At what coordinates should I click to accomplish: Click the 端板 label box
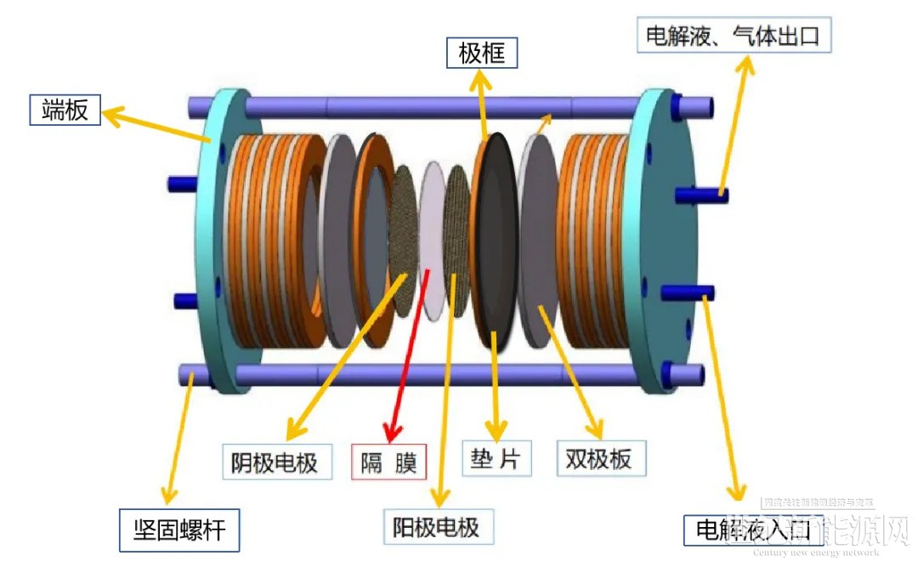tap(65, 110)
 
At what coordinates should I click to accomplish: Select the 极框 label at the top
tap(481, 54)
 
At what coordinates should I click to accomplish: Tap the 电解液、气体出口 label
tap(734, 37)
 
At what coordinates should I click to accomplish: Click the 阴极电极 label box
tap(275, 462)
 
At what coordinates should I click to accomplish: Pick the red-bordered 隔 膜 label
tap(388, 462)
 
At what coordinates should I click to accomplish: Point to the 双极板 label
tap(598, 459)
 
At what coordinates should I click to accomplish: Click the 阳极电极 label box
tap(436, 527)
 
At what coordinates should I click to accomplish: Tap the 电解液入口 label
tap(753, 530)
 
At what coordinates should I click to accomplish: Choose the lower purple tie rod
tap(425, 375)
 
